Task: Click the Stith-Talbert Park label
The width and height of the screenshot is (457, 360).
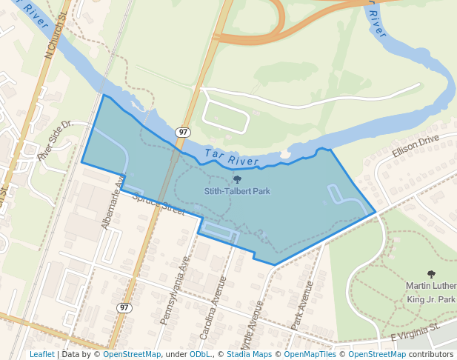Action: tap(237, 191)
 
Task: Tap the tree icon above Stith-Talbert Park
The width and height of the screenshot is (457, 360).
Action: tap(237, 179)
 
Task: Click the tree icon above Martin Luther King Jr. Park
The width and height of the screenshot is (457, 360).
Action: tap(431, 274)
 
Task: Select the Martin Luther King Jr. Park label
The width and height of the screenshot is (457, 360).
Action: tap(430, 293)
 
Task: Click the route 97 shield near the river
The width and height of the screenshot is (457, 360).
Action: tap(182, 132)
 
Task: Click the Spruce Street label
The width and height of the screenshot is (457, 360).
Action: tap(158, 205)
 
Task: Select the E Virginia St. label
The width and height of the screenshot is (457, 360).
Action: tap(415, 330)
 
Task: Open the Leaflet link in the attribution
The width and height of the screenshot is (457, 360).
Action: tap(41, 354)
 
